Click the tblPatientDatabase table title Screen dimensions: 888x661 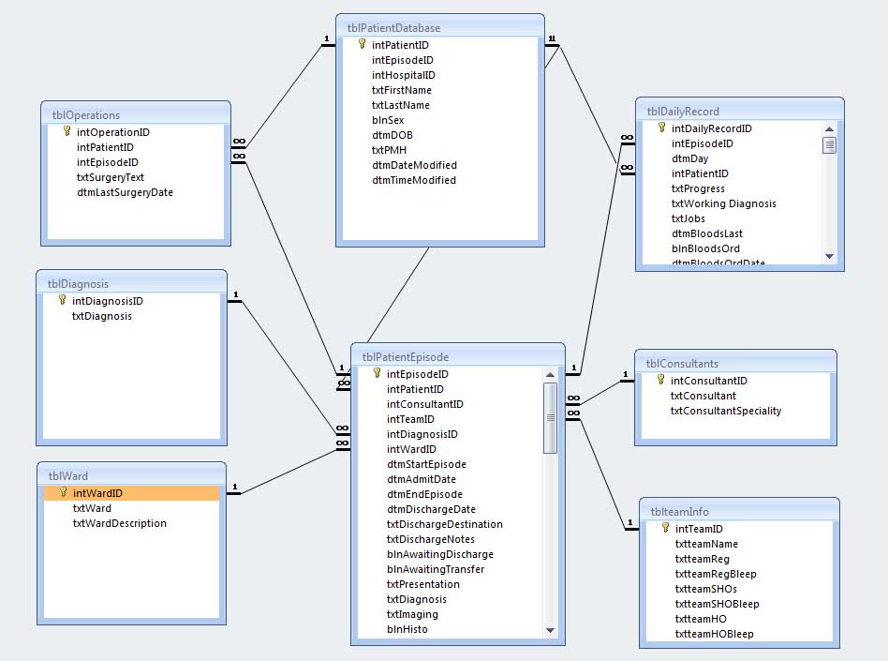click(x=393, y=28)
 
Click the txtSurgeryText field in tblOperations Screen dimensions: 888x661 click(x=111, y=177)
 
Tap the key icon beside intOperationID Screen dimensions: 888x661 click(x=67, y=131)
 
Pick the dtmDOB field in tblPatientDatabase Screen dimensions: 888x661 click(x=392, y=135)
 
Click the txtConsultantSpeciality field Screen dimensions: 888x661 click(x=726, y=411)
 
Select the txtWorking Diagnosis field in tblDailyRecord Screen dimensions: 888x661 click(x=724, y=203)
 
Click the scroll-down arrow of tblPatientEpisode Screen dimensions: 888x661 click(x=550, y=630)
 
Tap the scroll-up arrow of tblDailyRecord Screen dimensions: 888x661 click(x=830, y=129)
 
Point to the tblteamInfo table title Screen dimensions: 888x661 click(x=680, y=512)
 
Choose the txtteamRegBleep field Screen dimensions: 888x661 click(x=716, y=574)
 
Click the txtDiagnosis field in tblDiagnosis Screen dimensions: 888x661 click(x=102, y=316)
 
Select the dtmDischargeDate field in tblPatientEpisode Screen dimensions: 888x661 click(x=431, y=510)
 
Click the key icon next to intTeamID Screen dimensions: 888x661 click(x=665, y=528)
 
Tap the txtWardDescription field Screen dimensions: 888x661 click(x=120, y=523)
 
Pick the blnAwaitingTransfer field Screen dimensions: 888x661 click(x=436, y=569)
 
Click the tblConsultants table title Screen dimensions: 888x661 click(x=682, y=364)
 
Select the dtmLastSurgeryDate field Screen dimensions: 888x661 click(x=126, y=193)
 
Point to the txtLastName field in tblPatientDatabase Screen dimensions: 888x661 click(x=401, y=105)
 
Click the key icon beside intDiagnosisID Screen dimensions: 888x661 click(x=63, y=300)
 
